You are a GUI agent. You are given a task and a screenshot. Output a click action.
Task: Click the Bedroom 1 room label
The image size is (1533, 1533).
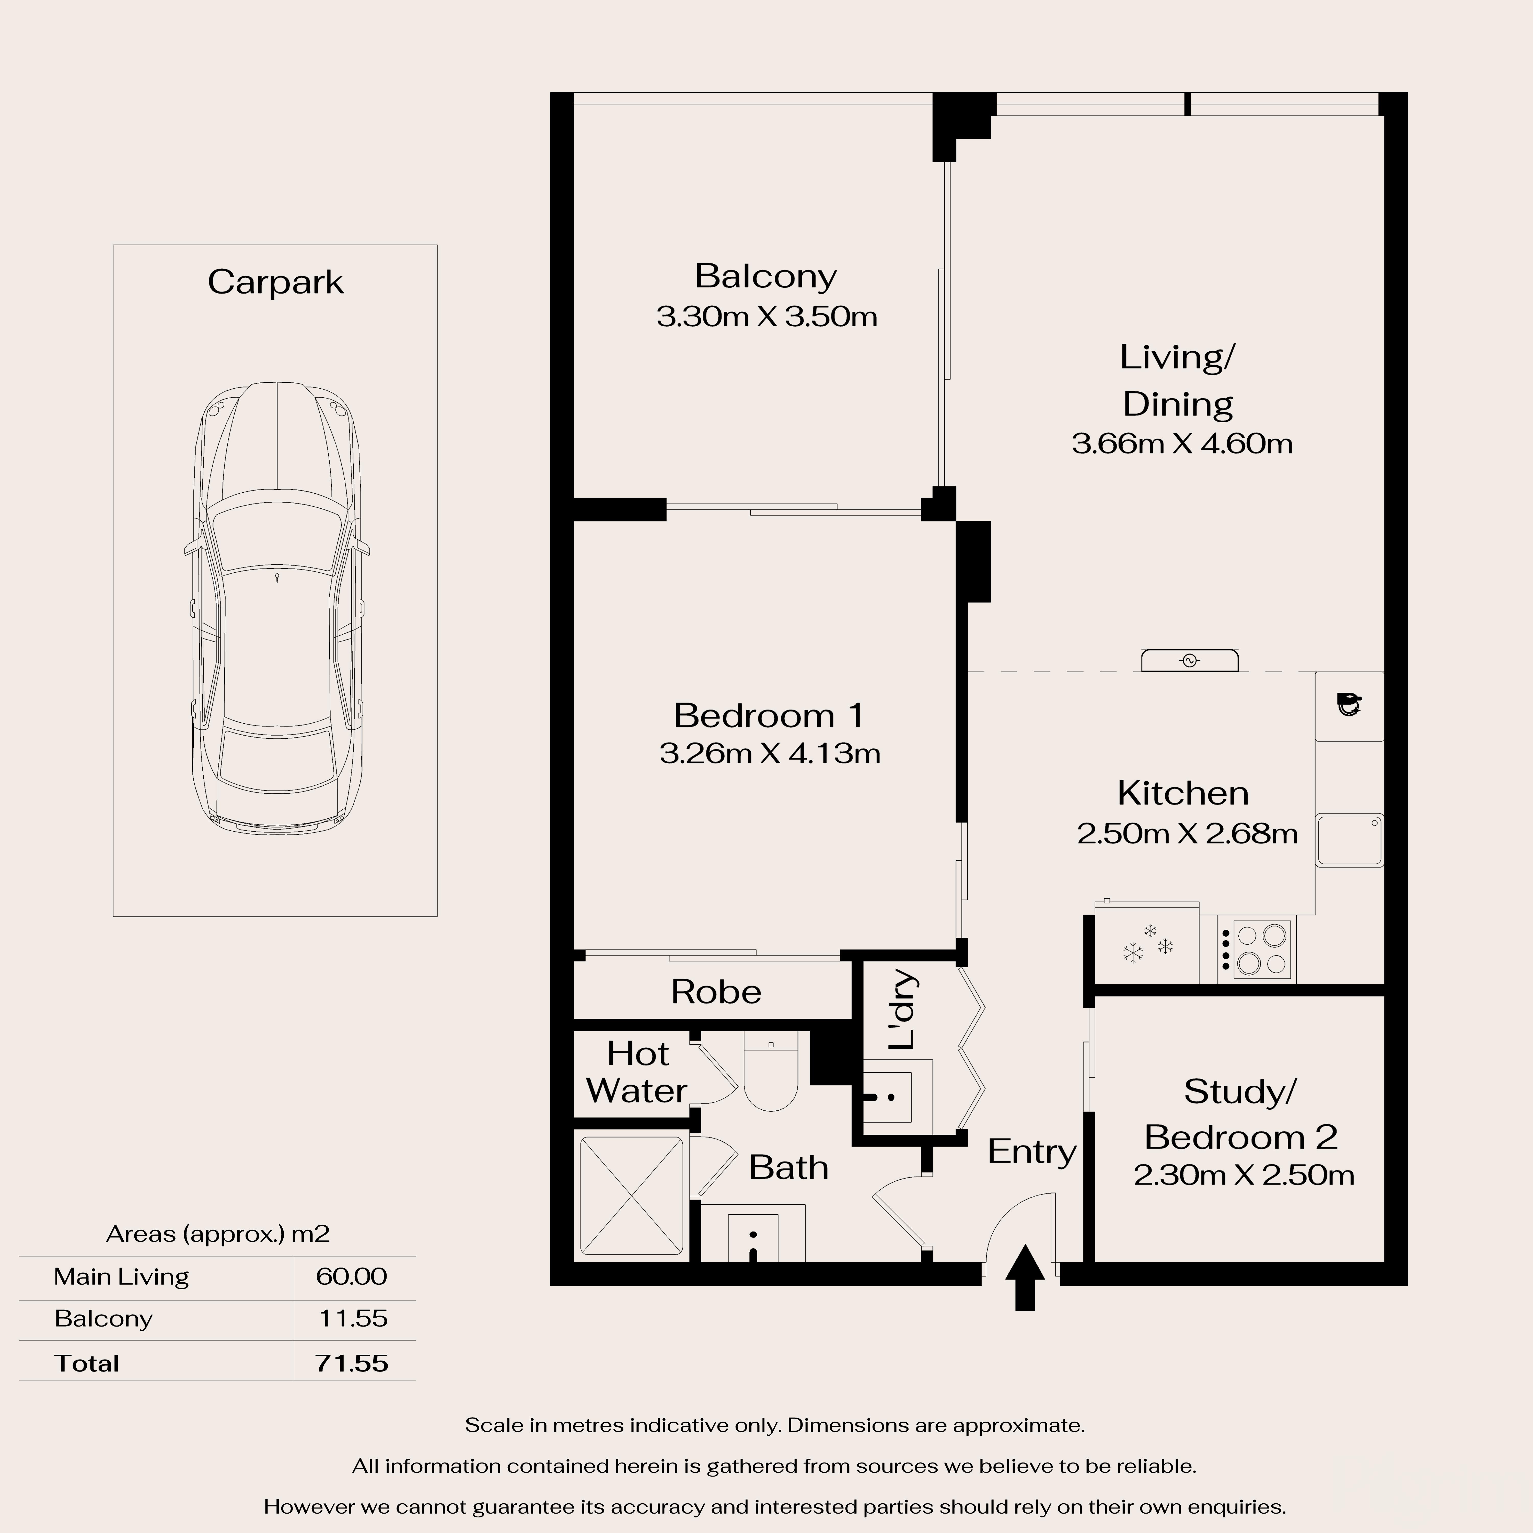pos(768,716)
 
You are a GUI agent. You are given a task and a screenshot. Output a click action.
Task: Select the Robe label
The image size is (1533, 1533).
pos(716,992)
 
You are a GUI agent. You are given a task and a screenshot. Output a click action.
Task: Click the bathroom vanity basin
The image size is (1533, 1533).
pos(752,1236)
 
